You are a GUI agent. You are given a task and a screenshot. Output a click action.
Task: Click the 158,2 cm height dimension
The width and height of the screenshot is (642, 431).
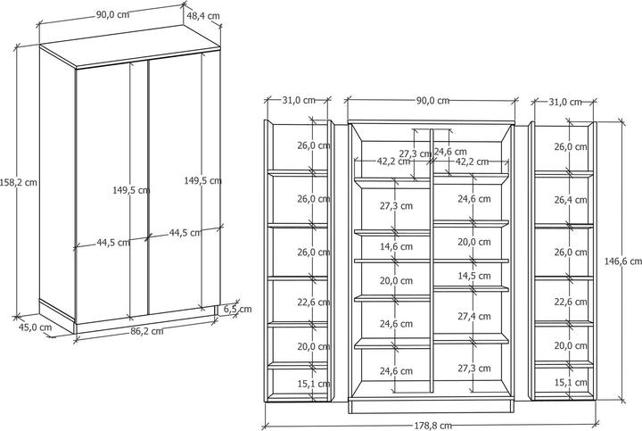(19, 182)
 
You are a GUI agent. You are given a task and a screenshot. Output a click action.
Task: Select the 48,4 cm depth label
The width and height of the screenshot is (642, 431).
(203, 16)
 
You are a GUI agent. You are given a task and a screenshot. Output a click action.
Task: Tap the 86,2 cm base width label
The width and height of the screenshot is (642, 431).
(147, 331)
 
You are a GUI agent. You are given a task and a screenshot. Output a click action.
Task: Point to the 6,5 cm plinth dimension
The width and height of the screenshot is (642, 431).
(238, 310)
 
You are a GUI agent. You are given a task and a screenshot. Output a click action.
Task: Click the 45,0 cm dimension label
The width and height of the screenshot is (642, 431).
(35, 327)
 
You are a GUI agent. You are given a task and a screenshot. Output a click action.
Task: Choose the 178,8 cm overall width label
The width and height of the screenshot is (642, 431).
(432, 426)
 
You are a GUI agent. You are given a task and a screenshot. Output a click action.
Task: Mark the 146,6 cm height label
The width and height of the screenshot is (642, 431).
(622, 261)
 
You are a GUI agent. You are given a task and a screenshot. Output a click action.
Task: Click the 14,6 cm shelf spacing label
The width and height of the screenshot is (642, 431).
(396, 246)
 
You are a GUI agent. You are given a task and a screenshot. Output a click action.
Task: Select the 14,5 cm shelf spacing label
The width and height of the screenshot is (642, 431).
(474, 276)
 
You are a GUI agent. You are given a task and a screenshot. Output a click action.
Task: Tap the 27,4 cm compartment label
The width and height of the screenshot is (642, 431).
(474, 316)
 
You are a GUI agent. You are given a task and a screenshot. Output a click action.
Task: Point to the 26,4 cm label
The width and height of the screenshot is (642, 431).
(571, 200)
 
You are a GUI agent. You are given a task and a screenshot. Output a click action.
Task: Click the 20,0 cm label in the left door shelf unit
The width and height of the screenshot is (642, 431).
(314, 346)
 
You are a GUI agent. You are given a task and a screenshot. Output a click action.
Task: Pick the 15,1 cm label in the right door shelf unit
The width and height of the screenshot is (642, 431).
(571, 383)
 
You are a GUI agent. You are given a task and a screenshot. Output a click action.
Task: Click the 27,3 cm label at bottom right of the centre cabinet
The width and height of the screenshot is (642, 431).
(474, 368)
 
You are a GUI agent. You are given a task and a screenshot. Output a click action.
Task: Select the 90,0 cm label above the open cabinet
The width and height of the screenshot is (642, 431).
(432, 100)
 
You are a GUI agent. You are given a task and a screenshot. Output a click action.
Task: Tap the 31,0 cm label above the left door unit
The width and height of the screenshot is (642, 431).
(299, 100)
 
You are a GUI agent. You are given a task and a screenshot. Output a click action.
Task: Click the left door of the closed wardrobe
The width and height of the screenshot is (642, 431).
(111, 193)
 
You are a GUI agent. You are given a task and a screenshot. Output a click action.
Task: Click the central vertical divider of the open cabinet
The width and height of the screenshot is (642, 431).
(432, 260)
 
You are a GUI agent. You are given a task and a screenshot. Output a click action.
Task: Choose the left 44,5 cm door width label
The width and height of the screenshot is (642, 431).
(113, 243)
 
